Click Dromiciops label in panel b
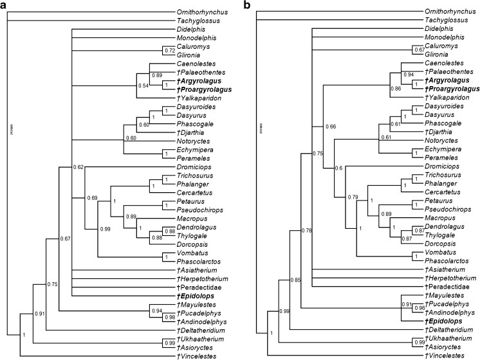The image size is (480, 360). (x=442, y=166)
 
